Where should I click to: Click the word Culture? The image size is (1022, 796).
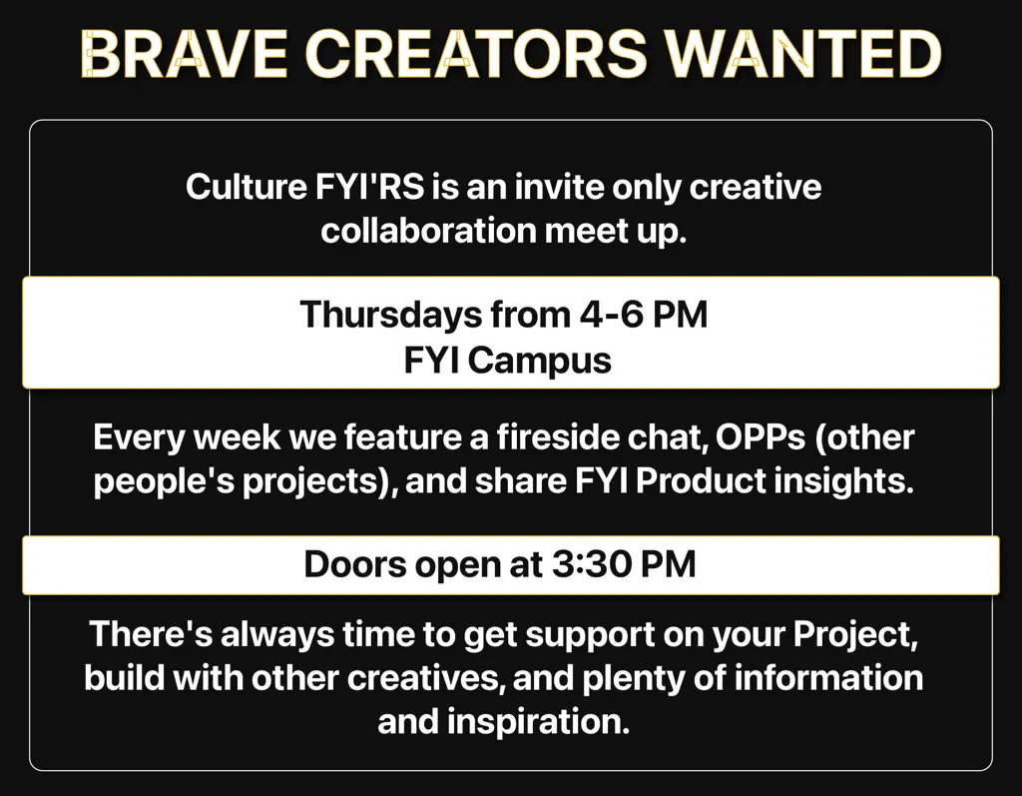(247, 187)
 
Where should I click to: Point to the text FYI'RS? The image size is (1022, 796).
(370, 187)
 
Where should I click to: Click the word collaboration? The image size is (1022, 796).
(428, 231)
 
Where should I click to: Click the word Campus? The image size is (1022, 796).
(540, 361)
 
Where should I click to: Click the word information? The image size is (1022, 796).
(829, 678)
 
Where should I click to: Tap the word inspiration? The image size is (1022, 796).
(538, 722)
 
